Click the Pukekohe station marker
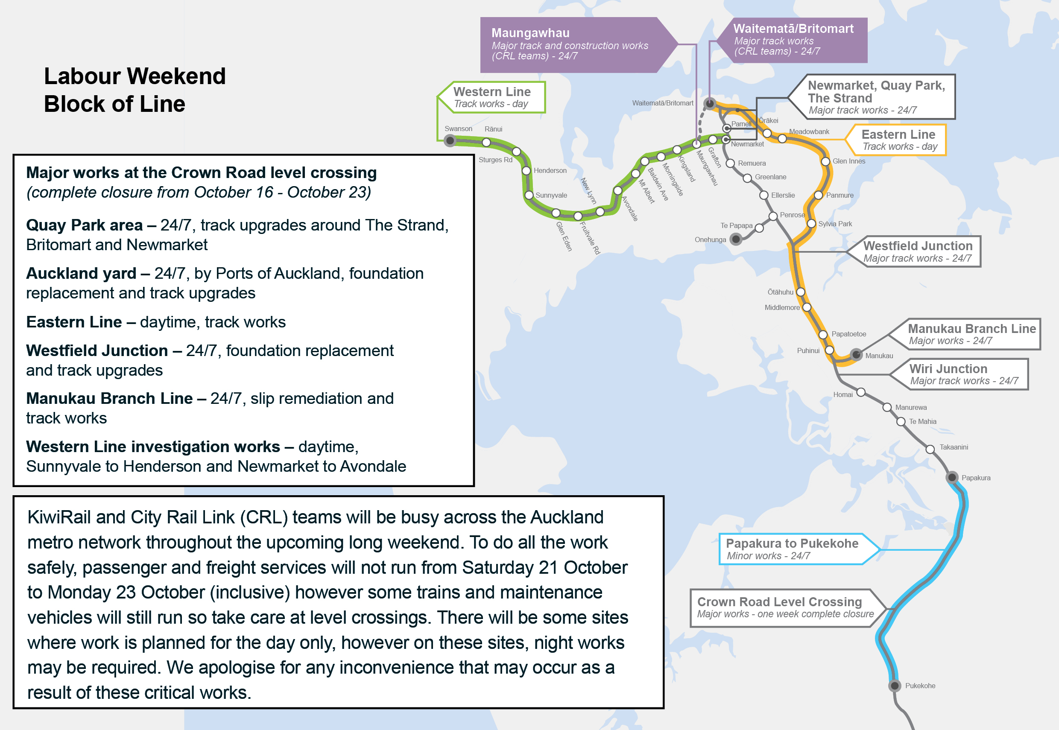(x=894, y=686)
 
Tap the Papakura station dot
(x=951, y=478)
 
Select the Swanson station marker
(x=450, y=140)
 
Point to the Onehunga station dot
(x=736, y=239)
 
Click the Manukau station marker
(x=856, y=354)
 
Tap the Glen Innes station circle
(x=825, y=161)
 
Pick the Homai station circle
(x=860, y=392)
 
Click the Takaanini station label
(x=954, y=447)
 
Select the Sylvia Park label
(x=835, y=224)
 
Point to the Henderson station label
(x=550, y=171)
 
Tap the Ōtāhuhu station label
(x=780, y=292)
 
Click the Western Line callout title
(x=492, y=91)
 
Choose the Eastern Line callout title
(x=898, y=134)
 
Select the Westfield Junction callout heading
(x=918, y=245)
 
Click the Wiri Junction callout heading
(x=948, y=369)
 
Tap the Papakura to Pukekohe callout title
(x=792, y=543)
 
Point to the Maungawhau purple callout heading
(x=530, y=33)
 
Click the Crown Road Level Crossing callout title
(x=779, y=602)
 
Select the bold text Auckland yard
(x=81, y=274)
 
